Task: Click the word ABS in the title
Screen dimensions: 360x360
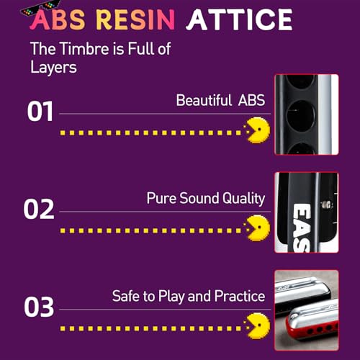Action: pyautogui.click(x=58, y=19)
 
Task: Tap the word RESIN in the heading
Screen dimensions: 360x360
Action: pyautogui.click(x=135, y=19)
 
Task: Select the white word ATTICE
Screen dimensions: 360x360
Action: pyautogui.click(x=239, y=19)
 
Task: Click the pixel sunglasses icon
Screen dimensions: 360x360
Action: pyautogui.click(x=40, y=9)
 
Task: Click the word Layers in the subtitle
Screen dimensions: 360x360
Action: pyautogui.click(x=53, y=67)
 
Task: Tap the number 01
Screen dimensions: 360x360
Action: pyautogui.click(x=40, y=111)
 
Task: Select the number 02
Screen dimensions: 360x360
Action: pyautogui.click(x=39, y=209)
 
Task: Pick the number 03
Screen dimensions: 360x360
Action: pyautogui.click(x=39, y=307)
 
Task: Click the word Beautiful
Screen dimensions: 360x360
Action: pyautogui.click(x=204, y=100)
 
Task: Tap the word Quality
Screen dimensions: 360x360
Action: pyautogui.click(x=243, y=199)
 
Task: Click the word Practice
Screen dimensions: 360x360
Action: pyautogui.click(x=240, y=296)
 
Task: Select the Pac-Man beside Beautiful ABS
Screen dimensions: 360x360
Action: pyautogui.click(x=258, y=130)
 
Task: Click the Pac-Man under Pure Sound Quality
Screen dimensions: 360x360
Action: pyautogui.click(x=258, y=228)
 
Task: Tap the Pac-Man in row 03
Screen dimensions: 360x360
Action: pyautogui.click(x=258, y=326)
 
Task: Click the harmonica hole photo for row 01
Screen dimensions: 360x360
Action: pyautogui.click(x=307, y=114)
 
